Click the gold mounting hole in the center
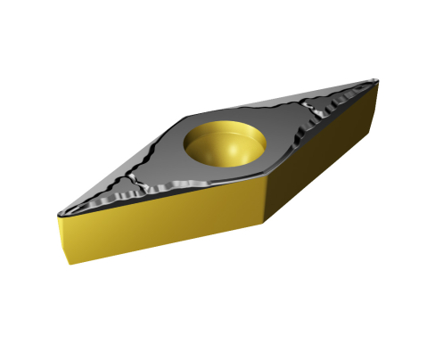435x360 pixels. click(x=224, y=140)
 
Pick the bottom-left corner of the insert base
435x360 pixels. click(x=67, y=262)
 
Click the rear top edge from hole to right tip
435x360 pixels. click(x=303, y=99)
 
